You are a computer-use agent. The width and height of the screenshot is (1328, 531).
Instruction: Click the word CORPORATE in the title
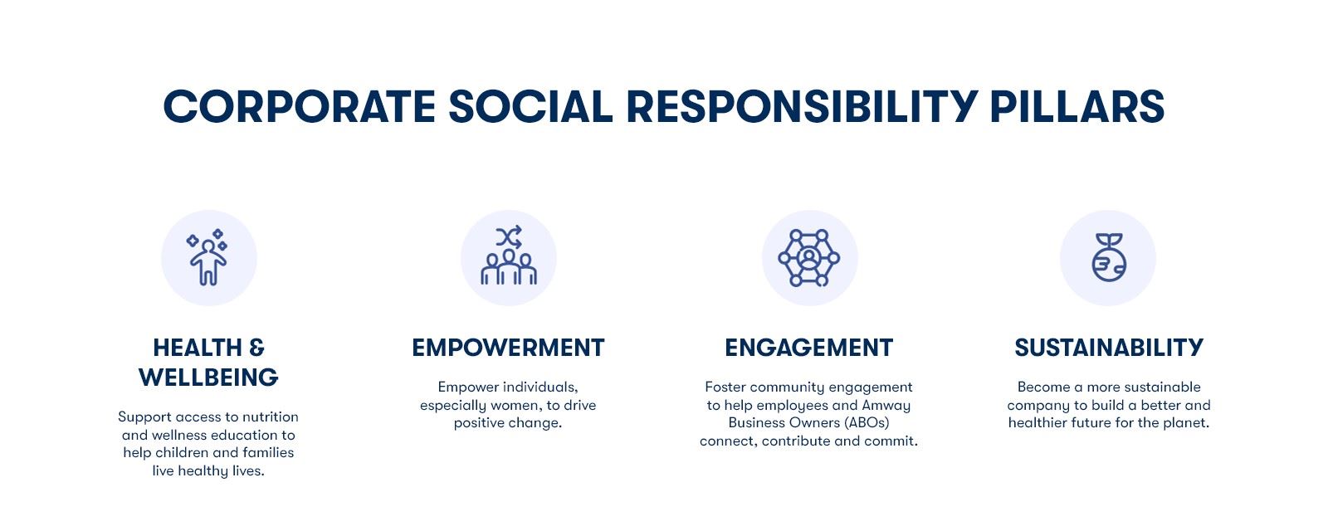click(x=300, y=107)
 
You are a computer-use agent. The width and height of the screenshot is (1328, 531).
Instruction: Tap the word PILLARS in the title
click(x=1077, y=107)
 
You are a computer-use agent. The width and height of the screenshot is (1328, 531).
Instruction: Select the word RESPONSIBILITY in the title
click(x=802, y=107)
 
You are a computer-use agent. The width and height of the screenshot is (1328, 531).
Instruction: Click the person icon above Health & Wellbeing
click(x=207, y=257)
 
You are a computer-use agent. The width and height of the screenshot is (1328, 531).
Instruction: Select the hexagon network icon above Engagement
click(x=808, y=258)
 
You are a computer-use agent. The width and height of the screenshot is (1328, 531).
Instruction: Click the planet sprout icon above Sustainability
click(x=1109, y=257)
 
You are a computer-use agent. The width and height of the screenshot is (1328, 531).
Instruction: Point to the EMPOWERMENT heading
click(x=508, y=348)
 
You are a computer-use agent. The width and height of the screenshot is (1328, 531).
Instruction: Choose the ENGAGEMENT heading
click(x=808, y=348)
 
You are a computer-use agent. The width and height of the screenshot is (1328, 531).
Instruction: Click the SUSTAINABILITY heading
click(x=1109, y=348)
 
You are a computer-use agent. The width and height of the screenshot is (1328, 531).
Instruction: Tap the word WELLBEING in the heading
click(x=208, y=378)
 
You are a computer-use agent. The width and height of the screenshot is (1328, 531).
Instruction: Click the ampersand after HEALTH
click(x=256, y=348)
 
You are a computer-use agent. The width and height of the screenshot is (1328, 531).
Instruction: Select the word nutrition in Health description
click(x=270, y=417)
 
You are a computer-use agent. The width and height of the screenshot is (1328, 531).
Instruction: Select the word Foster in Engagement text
click(x=725, y=387)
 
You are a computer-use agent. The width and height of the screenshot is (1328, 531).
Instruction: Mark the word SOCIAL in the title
click(x=530, y=107)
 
